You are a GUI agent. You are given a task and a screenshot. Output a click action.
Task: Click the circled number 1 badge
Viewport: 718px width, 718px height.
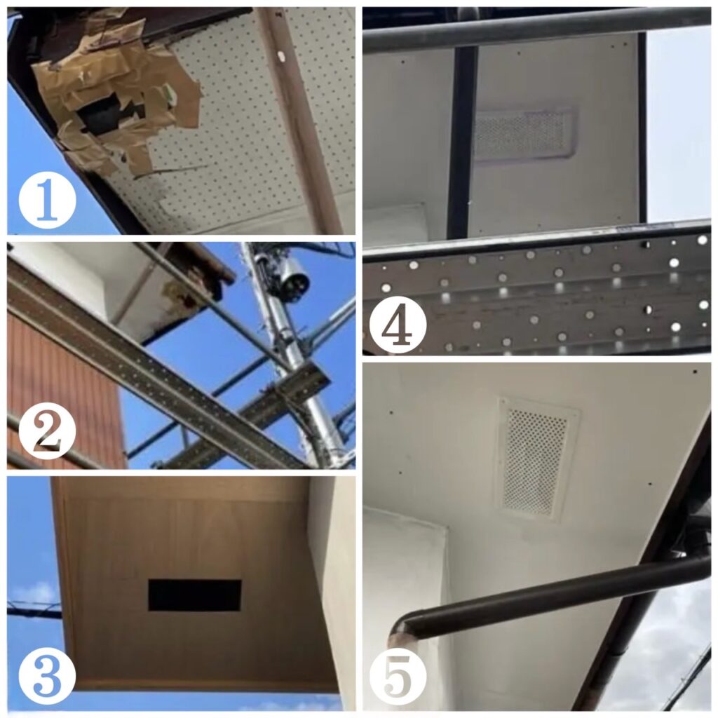click(47, 201)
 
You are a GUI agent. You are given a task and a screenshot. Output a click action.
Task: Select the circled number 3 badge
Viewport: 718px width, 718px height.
click(47, 676)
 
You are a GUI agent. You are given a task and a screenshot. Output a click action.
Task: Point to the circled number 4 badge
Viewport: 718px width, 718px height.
click(398, 324)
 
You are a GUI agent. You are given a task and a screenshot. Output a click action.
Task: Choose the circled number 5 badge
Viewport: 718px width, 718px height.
click(398, 676)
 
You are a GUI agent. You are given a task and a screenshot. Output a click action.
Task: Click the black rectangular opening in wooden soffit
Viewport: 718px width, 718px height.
click(195, 595)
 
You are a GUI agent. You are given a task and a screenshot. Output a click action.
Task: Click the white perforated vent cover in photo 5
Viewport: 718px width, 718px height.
click(536, 459)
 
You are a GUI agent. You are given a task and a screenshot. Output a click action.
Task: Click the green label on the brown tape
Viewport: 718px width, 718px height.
click(170, 95)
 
